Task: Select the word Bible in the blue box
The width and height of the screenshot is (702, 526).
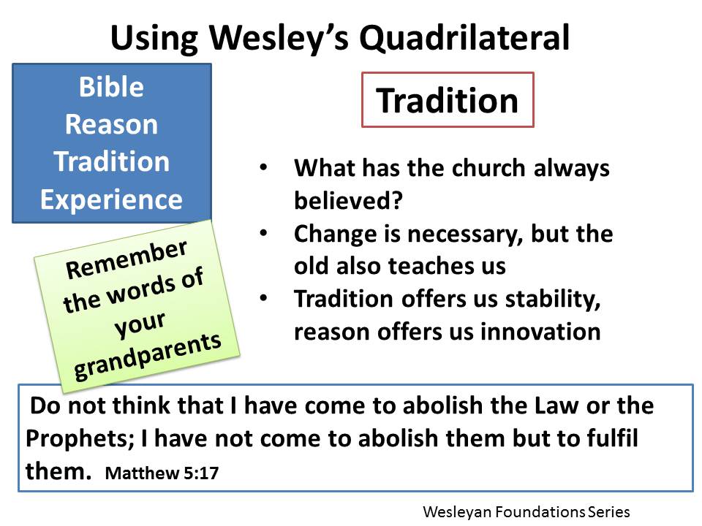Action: click(111, 88)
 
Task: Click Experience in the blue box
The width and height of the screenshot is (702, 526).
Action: click(111, 199)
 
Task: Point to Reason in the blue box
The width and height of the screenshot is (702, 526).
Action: click(111, 125)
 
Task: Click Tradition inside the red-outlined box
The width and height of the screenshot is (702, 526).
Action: click(448, 100)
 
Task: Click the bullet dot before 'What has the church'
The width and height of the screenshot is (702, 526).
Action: click(263, 167)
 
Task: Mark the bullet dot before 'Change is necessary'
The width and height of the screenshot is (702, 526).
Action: click(263, 233)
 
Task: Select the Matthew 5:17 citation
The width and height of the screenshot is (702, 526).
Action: click(162, 473)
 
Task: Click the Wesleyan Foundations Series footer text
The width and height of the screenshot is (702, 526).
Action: click(525, 512)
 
